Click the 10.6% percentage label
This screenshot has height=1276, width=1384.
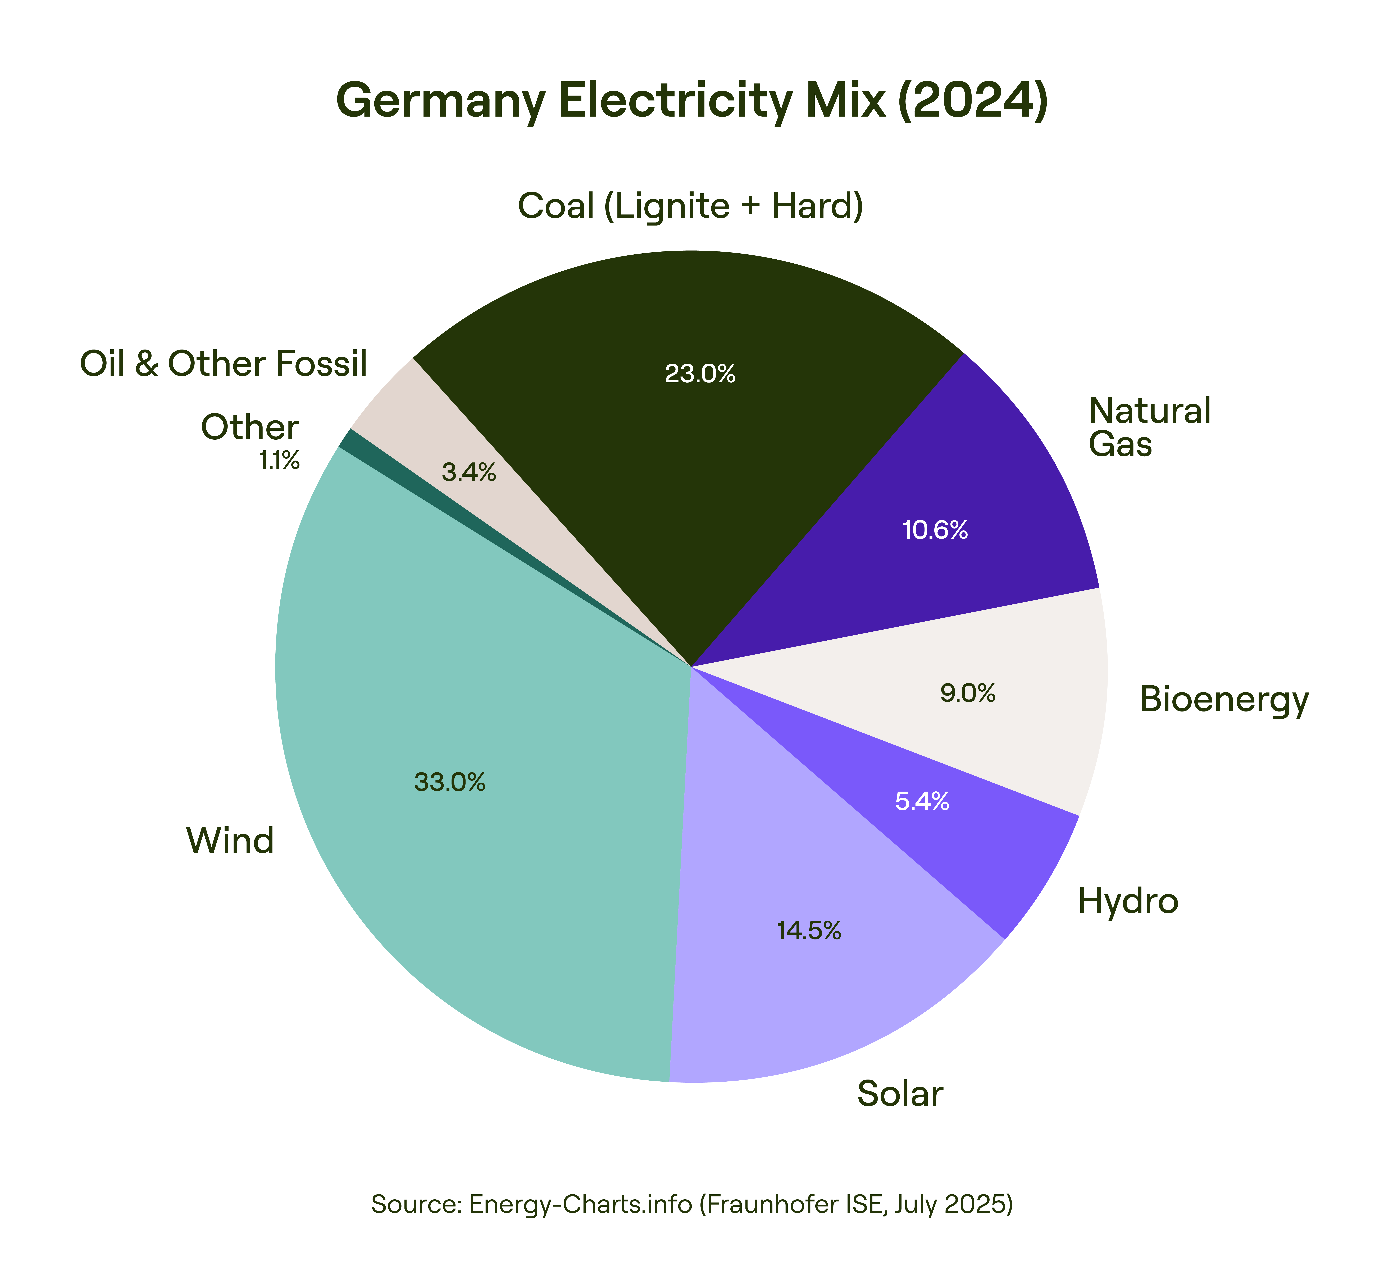coord(935,530)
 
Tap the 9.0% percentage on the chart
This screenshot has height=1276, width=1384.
coord(968,693)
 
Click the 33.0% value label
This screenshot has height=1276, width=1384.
coord(450,782)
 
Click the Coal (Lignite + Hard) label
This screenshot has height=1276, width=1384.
coord(691,206)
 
